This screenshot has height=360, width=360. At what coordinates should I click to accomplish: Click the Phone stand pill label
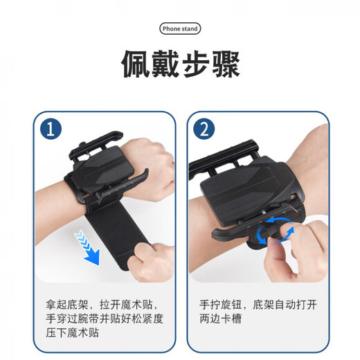(179, 29)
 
